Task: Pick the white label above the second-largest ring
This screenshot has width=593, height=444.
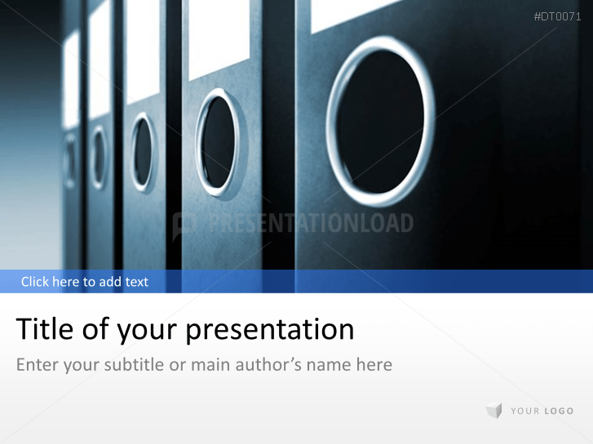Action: pos(219,37)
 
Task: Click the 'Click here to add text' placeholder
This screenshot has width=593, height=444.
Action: pos(85,282)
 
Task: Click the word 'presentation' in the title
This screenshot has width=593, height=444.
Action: pos(270,330)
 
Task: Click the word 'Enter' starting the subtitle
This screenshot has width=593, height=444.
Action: pos(38,364)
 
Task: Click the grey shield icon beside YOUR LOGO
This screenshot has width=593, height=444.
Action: pos(493,411)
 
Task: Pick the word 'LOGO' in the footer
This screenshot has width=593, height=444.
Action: pos(559,411)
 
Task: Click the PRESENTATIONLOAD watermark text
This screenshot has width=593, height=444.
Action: pos(310,223)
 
